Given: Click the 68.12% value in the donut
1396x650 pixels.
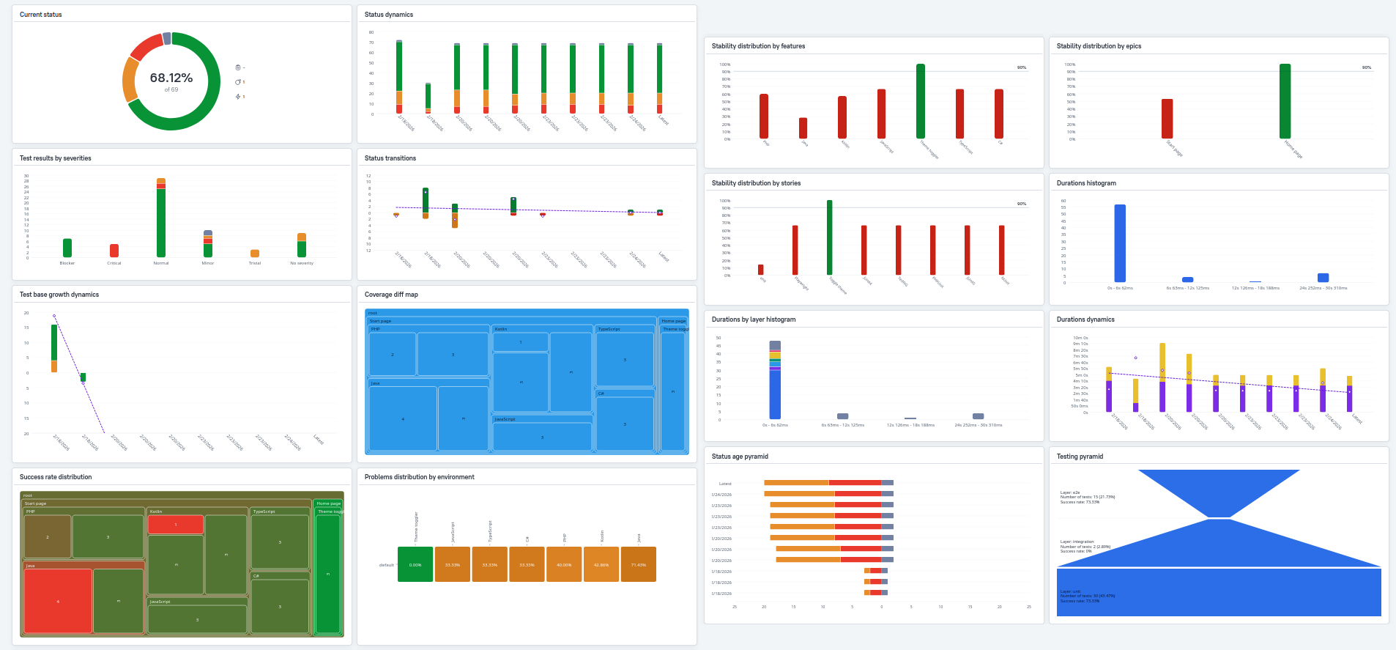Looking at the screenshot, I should point(171,78).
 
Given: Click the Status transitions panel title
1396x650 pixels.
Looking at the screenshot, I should point(390,158).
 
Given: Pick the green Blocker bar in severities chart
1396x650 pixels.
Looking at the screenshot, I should point(67,248).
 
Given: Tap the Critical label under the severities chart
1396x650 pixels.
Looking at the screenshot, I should point(114,263).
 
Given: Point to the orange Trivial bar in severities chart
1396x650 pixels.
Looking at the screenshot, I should point(255,254).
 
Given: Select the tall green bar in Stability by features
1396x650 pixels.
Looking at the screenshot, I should point(920,101).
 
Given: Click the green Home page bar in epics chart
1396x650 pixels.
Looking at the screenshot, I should point(1285,101).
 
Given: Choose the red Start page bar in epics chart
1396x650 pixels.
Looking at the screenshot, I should point(1167,119).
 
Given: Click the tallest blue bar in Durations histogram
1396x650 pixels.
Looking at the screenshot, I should point(1119,243).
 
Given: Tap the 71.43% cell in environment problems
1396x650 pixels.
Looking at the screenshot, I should point(638,564).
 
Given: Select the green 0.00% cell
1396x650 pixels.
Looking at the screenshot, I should point(415,564).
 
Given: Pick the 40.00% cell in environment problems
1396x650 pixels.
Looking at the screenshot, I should point(564,564).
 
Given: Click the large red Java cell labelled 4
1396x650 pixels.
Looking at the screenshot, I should point(58,601).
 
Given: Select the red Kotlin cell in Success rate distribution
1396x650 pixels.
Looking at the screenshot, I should point(176,525).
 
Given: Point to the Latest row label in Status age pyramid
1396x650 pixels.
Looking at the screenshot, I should point(725,484).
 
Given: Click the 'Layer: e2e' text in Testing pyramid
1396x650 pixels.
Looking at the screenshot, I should point(1070,492).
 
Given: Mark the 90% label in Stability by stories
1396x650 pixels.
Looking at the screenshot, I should point(1021,204).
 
